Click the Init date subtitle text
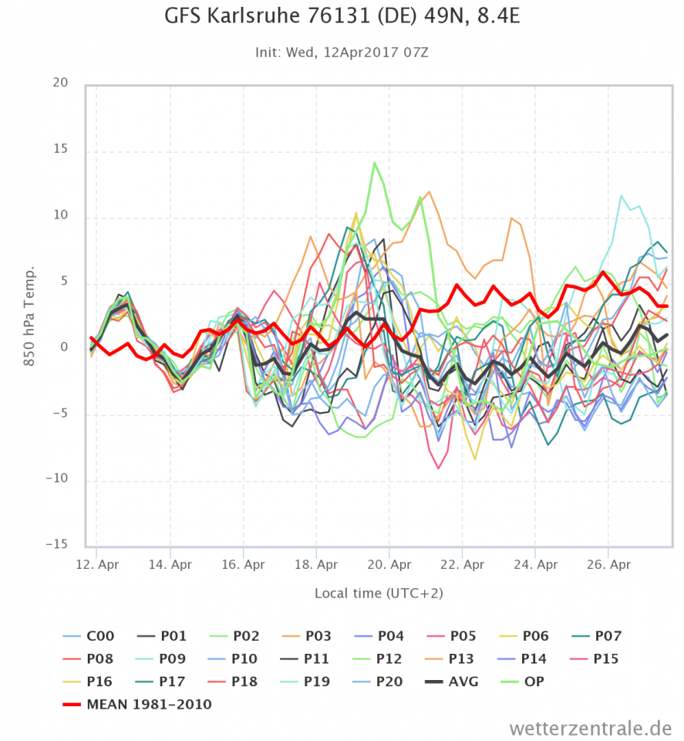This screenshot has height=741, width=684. [342, 52]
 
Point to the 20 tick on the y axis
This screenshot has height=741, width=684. [59, 83]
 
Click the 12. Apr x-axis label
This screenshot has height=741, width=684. [96, 564]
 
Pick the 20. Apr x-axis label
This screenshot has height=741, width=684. [389, 564]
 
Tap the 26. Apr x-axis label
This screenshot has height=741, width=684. [608, 564]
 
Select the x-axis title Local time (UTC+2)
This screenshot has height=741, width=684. [379, 593]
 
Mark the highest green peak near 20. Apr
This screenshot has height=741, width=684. [375, 162]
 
